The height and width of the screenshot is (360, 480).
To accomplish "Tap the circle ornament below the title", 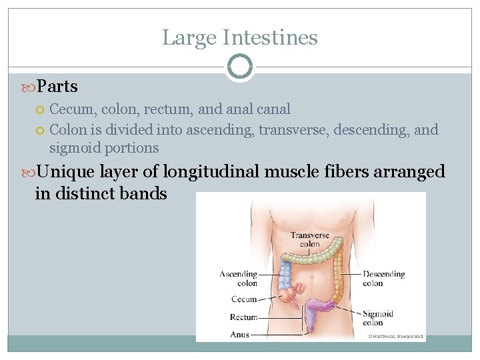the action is pos(240,67).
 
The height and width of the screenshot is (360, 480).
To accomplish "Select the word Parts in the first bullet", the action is pos(57,87).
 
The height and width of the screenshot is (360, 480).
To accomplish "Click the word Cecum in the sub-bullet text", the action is pos(71,109).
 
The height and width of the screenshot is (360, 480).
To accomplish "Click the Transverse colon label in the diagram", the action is pos(310,239).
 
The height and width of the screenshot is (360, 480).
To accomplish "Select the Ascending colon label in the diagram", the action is pos(239,278).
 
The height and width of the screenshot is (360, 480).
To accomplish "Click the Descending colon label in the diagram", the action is pos(383,278).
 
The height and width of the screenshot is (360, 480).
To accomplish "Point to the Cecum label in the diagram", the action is pos(244,300).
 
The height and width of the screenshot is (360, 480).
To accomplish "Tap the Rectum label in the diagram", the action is pos(243,317).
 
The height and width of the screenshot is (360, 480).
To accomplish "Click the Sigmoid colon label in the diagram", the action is pos(378,318).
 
